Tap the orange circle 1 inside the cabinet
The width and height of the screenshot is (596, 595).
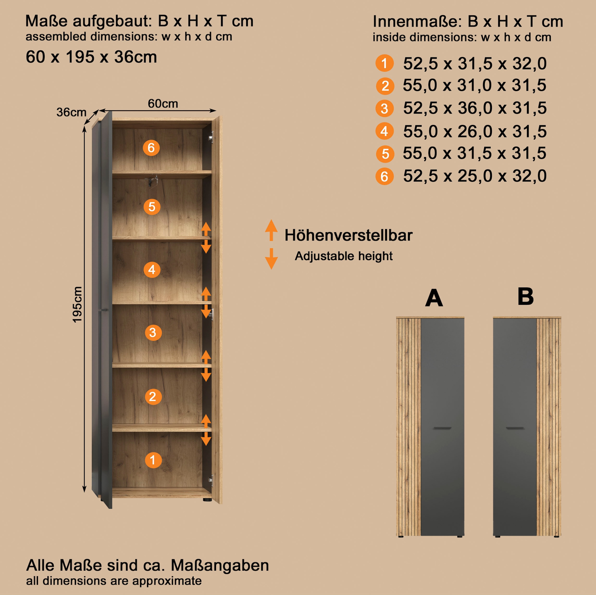pyautogui.click(x=153, y=460)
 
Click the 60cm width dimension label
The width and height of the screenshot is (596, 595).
pyautogui.click(x=163, y=103)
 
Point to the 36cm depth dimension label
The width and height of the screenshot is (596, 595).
pyautogui.click(x=71, y=112)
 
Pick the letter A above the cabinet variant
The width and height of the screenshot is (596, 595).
pyautogui.click(x=434, y=298)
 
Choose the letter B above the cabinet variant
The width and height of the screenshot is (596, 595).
pyautogui.click(x=525, y=297)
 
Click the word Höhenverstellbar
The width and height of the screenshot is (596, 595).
pyautogui.click(x=348, y=235)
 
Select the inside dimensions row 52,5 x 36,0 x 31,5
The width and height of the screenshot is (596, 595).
pyautogui.click(x=475, y=108)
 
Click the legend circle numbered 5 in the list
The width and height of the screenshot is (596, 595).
pyautogui.click(x=385, y=154)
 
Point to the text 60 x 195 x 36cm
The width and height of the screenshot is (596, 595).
pyautogui.click(x=91, y=57)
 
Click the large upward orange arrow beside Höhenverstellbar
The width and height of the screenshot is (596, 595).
pyautogui.click(x=271, y=230)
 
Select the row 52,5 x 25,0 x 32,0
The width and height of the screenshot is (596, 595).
pyautogui.click(x=475, y=176)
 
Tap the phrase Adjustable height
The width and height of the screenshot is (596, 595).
pyautogui.click(x=344, y=256)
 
